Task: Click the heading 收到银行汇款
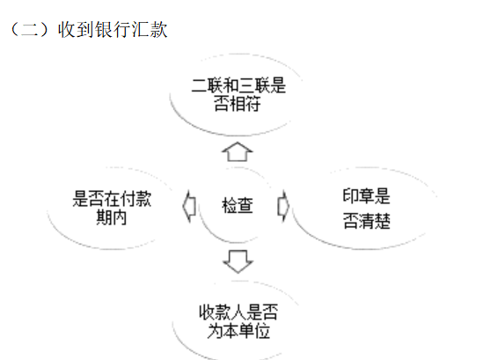113,30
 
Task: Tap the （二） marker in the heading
30,30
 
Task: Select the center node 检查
238,206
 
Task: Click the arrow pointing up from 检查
238,151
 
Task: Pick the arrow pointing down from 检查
238,261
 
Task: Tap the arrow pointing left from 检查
189,207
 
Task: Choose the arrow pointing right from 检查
283,207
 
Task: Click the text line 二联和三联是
238,85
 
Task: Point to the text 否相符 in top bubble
238,104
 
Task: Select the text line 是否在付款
112,199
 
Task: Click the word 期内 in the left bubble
112,217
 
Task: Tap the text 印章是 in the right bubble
367,196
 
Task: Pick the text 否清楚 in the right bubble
367,221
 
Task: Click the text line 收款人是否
238,312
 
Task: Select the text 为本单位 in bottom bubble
238,331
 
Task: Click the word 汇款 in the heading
150,30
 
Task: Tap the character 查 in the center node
245,206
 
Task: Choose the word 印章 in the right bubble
358,196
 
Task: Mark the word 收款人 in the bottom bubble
223,312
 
